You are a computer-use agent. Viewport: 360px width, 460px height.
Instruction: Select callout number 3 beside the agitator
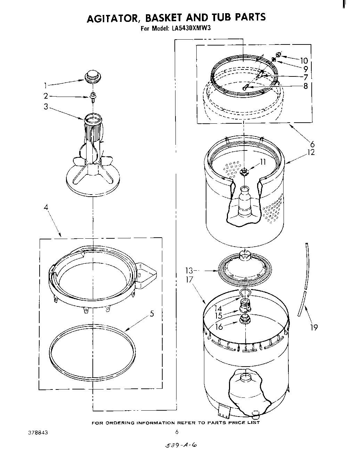(46, 107)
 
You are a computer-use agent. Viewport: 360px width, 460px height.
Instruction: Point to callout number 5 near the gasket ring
(152, 313)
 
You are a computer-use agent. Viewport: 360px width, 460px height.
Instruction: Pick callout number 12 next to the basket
(311, 152)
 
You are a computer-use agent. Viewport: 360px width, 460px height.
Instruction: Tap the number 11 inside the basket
(262, 162)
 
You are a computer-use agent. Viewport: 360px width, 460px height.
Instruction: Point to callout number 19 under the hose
(313, 327)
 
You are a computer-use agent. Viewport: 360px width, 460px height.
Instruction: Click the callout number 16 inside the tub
(219, 327)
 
